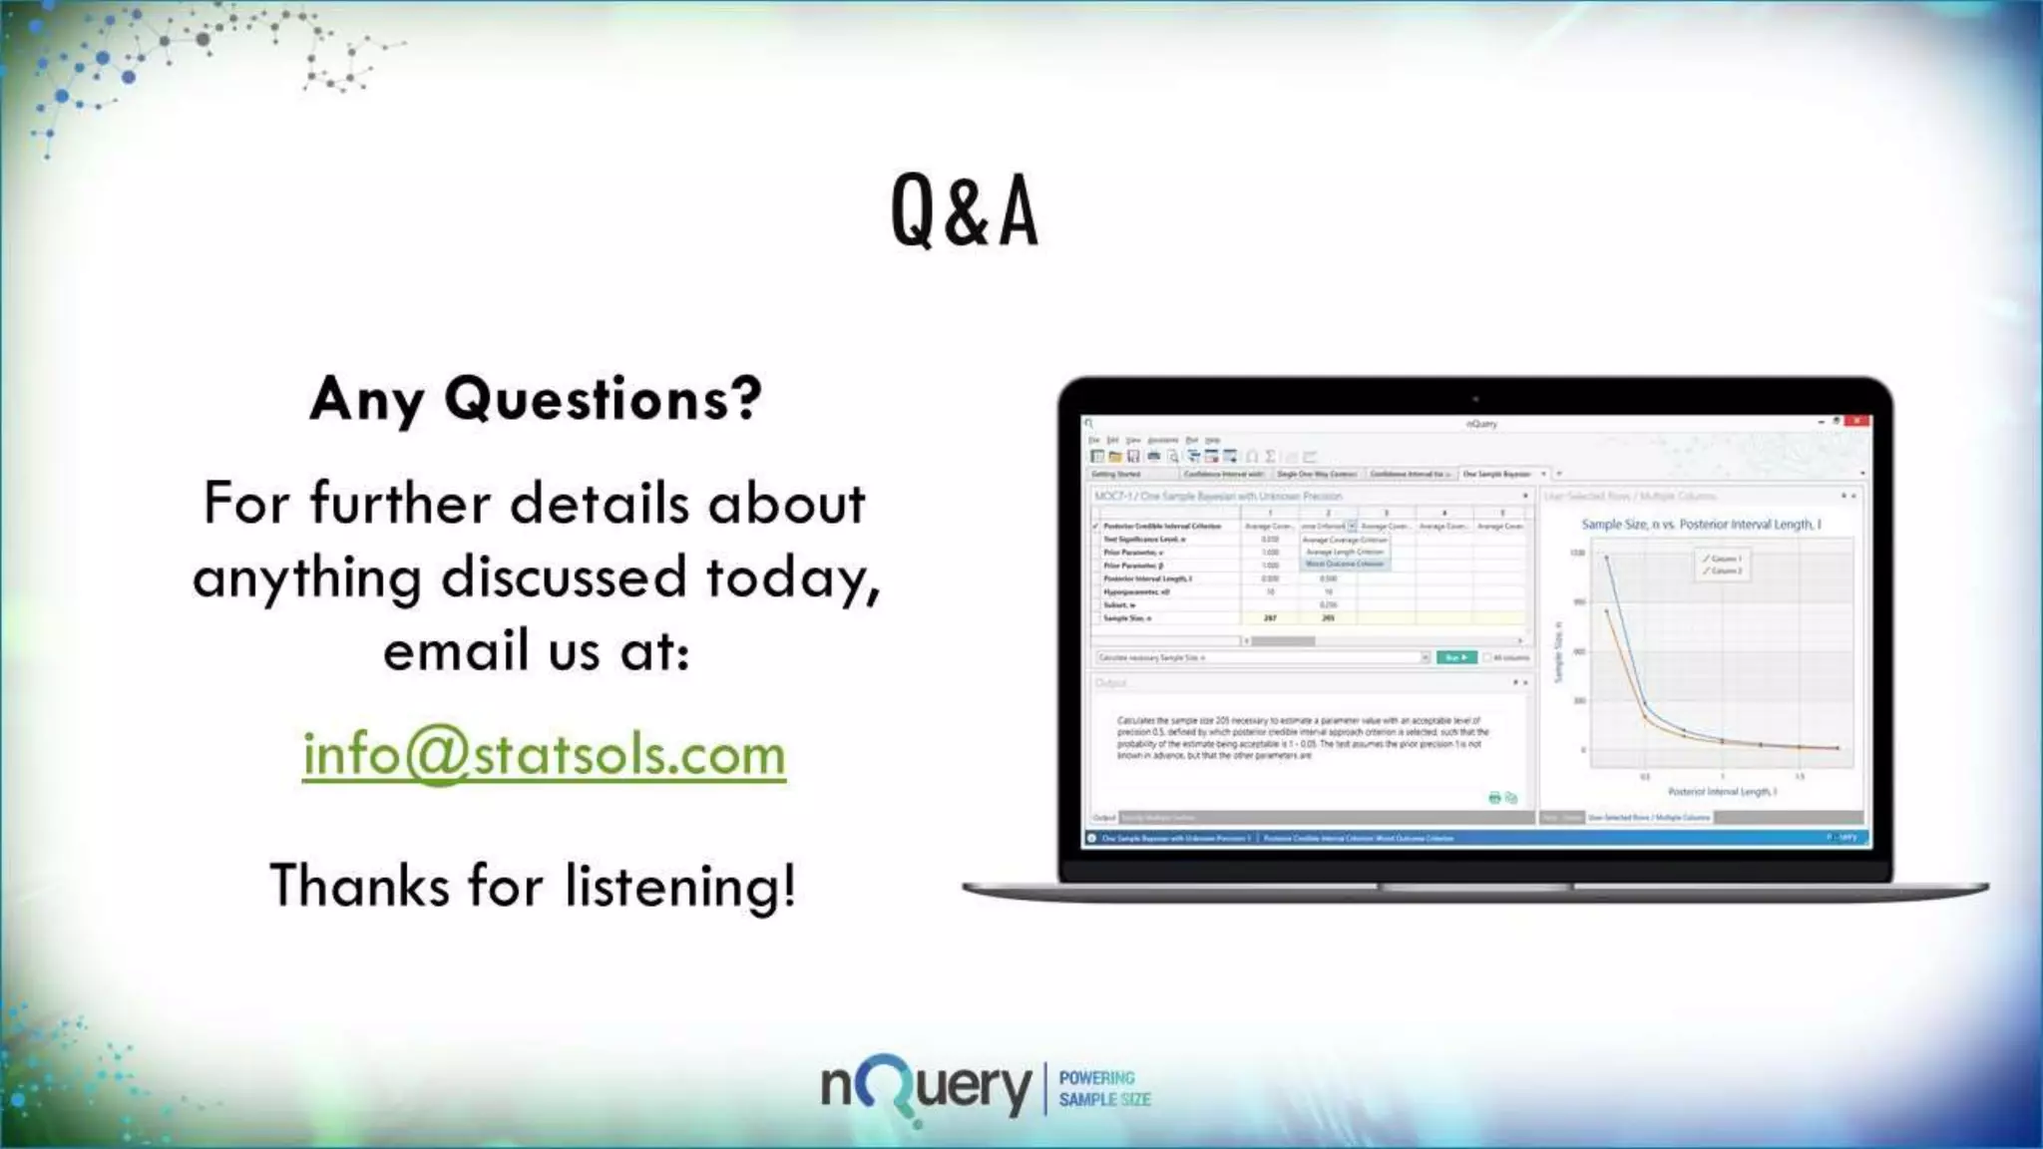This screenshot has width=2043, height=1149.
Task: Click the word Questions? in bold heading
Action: click(x=603, y=399)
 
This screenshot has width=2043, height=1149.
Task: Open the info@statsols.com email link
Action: click(x=544, y=754)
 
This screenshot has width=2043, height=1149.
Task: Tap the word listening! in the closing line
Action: click(x=680, y=886)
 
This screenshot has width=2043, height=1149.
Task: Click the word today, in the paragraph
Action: click(x=793, y=578)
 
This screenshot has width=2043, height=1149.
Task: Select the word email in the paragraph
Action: click(x=456, y=651)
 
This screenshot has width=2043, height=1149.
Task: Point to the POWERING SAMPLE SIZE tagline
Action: click(x=1103, y=1089)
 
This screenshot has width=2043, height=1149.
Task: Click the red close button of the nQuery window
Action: click(x=1856, y=422)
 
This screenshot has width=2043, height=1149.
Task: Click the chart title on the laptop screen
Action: click(x=1700, y=525)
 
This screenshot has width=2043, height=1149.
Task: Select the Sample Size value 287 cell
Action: click(x=1270, y=618)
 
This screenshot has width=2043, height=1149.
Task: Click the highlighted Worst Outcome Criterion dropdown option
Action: click(x=1345, y=565)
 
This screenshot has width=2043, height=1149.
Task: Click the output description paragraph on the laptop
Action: click(x=1301, y=738)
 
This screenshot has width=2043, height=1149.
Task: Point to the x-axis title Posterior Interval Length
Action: click(x=1722, y=792)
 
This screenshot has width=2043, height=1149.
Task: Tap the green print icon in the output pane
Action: click(x=1494, y=798)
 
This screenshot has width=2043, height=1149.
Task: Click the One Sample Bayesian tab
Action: click(x=1496, y=475)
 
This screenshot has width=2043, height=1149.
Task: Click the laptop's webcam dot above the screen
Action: click(x=1475, y=400)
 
